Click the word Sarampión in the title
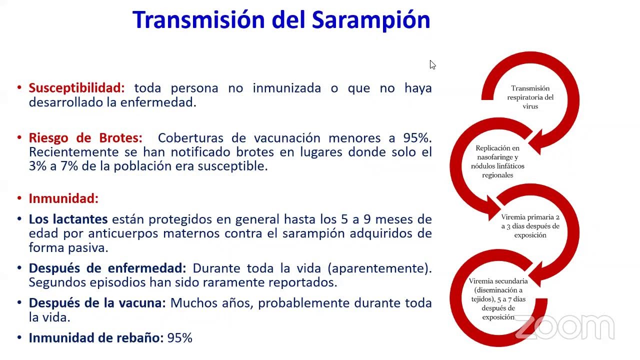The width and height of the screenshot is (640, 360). point(371,20)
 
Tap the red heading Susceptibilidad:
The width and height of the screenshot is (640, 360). point(76,88)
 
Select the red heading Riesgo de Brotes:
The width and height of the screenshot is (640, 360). point(85,138)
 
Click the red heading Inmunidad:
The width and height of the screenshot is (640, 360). point(63,198)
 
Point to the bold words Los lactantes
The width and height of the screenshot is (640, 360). point(68,219)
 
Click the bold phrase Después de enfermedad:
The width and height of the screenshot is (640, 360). point(107,268)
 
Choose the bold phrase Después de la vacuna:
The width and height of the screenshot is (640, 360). point(97,303)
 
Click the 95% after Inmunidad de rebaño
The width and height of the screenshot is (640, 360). point(180,338)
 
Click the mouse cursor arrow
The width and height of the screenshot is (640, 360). point(432,64)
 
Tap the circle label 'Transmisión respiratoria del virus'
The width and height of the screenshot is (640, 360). point(530,97)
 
